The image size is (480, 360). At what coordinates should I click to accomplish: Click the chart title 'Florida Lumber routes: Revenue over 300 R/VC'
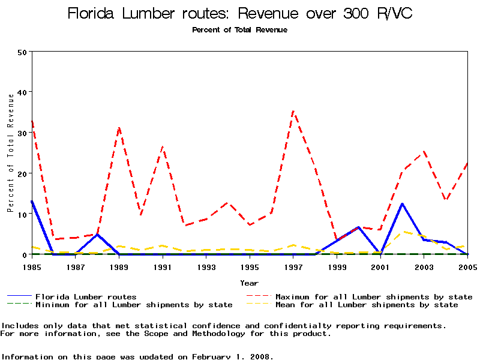click(x=240, y=14)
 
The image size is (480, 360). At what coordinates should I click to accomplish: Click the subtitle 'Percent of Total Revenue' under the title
click(x=240, y=30)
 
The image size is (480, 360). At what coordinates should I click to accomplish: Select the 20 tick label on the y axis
click(x=22, y=173)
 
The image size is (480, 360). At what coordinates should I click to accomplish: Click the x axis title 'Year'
click(x=249, y=283)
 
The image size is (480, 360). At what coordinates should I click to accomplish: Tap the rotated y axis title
click(x=10, y=162)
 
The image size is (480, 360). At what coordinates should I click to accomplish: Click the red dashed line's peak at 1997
click(x=293, y=110)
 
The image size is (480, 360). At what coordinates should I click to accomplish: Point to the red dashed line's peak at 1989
click(x=119, y=127)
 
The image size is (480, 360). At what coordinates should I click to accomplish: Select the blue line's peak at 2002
click(x=402, y=203)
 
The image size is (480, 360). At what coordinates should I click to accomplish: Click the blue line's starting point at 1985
click(x=32, y=201)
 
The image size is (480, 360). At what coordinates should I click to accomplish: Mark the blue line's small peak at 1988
click(x=97, y=234)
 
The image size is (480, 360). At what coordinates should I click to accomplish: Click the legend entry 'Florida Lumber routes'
click(x=86, y=296)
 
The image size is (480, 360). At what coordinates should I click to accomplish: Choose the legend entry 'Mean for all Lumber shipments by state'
click(x=366, y=305)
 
